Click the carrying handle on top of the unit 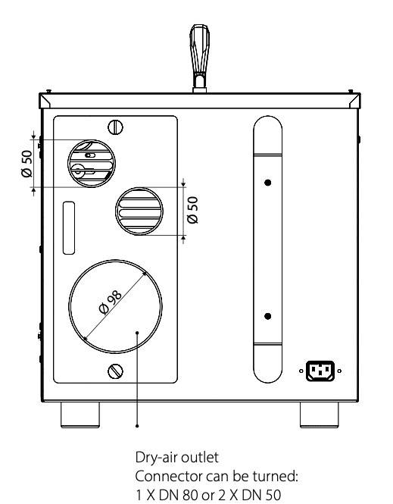coord(199,58)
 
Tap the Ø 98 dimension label coord(111,302)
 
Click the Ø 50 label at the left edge coord(27,164)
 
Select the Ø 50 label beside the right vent coord(192,210)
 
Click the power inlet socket coord(320,371)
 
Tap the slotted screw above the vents coord(116,127)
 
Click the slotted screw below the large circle coord(116,371)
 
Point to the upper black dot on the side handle coord(268,183)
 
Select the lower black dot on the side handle coord(268,316)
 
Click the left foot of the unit coord(80,415)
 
